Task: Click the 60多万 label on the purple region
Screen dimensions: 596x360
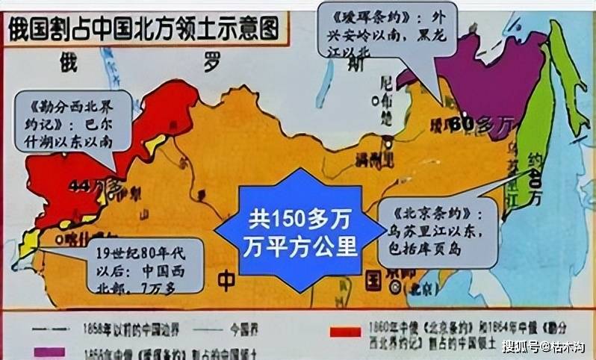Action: pos(463,120)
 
